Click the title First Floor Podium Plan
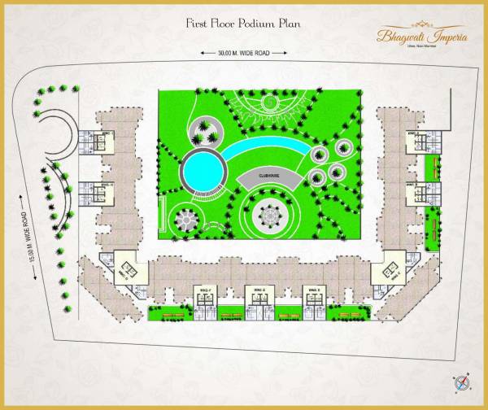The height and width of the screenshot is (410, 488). pyautogui.click(x=243, y=24)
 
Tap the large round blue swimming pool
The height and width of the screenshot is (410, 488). pyautogui.click(x=202, y=171)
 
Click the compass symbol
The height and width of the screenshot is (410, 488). pyautogui.click(x=462, y=382)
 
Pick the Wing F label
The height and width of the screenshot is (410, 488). pyautogui.click(x=205, y=290)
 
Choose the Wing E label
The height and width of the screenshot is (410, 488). pyautogui.click(x=258, y=290)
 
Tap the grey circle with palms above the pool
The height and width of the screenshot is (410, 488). pyautogui.click(x=204, y=130)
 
